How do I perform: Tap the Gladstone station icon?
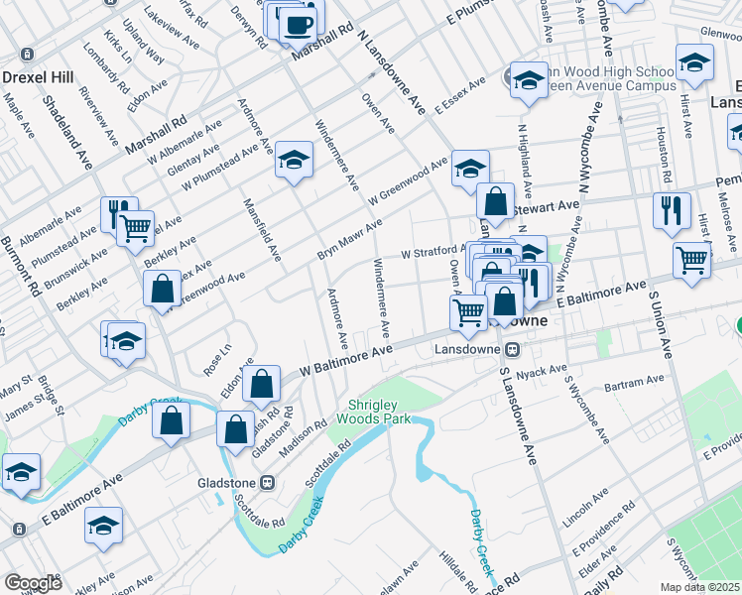pyautogui.click(x=266, y=483)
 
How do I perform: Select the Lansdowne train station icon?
pyautogui.click(x=513, y=349)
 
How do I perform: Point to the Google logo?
pyautogui.click(x=33, y=583)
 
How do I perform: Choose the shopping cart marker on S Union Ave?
pyautogui.click(x=691, y=260)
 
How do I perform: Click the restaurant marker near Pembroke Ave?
pyautogui.click(x=672, y=209)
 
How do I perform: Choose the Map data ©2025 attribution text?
pyautogui.click(x=700, y=587)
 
